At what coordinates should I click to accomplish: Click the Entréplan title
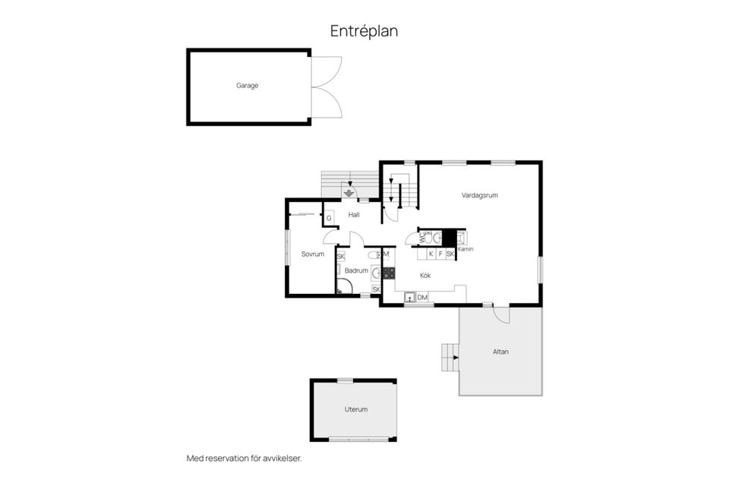364,31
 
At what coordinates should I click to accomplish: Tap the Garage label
247,86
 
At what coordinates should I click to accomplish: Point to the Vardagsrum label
479,195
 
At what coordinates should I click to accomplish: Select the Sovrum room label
312,254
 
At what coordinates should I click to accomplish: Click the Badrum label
356,270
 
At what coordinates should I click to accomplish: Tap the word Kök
425,276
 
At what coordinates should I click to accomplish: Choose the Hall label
354,215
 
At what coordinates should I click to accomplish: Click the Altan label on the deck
500,352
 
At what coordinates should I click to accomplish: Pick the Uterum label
356,409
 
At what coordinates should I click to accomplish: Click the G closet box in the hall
329,218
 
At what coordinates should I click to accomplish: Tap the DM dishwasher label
421,297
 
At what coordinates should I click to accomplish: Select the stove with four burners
389,273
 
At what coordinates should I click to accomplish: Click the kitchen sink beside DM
409,297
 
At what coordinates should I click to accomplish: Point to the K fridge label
431,254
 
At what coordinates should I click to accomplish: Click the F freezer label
440,254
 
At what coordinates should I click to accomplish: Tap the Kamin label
465,249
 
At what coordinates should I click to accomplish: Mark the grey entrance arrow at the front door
349,193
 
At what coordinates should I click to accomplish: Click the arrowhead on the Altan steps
456,358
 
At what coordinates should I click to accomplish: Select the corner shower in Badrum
343,286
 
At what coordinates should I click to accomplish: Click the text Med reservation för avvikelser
244,458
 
